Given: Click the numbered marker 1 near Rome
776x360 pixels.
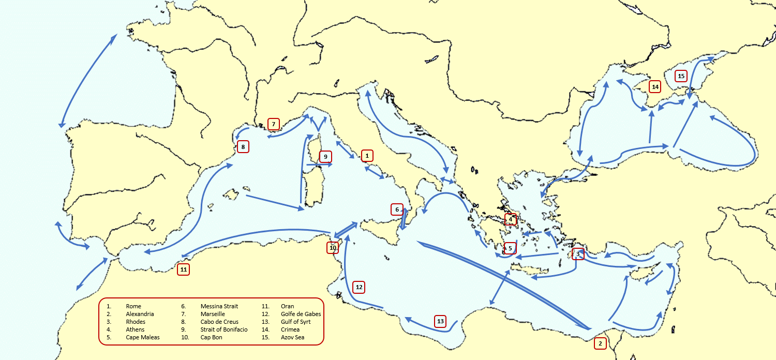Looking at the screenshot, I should [x=366, y=155].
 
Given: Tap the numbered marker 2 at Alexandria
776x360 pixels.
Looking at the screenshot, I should [x=600, y=343].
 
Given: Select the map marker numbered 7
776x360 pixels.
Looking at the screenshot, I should [x=274, y=124].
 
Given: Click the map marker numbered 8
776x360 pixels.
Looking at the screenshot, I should [x=243, y=146].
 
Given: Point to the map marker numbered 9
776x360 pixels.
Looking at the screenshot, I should [x=325, y=156].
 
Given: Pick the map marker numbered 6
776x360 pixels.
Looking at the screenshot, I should [x=397, y=209].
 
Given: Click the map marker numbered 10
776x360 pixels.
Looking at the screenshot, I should [x=333, y=248].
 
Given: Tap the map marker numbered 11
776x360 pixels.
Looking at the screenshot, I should [x=183, y=269].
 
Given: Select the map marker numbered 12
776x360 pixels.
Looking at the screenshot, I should [x=359, y=287].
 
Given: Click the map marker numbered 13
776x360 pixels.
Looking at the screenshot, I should [x=440, y=321].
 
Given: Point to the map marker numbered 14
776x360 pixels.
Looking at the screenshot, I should [x=655, y=86].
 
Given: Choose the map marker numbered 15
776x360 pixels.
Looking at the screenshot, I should [x=681, y=76].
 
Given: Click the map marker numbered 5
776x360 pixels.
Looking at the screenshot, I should [x=510, y=248].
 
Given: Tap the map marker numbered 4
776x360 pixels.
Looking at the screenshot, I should [x=511, y=219].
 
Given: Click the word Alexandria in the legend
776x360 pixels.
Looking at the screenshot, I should [x=140, y=314].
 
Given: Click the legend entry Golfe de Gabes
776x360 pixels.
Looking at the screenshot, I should [x=301, y=314].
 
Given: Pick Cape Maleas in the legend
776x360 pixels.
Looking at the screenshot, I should [x=142, y=337].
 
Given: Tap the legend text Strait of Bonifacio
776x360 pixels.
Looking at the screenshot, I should [x=223, y=329].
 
